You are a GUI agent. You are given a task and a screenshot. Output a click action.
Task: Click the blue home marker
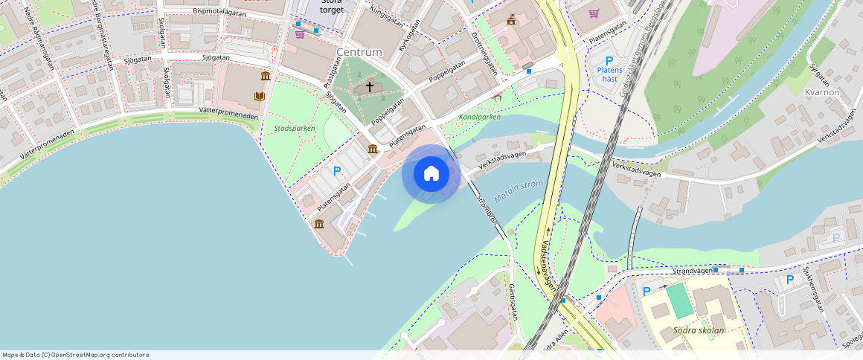tap(431, 174)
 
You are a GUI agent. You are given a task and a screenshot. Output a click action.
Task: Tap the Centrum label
tap(359, 52)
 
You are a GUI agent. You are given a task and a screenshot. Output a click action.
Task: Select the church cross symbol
tap(369, 87)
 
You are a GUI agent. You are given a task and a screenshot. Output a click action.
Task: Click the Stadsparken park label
tap(295, 128)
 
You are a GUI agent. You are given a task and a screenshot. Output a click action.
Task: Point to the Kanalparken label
tap(479, 117)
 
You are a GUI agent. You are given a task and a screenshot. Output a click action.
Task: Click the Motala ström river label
tap(519, 190)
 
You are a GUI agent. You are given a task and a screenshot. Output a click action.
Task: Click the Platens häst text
tap(609, 74)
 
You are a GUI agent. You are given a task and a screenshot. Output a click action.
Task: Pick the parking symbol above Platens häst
tap(609, 60)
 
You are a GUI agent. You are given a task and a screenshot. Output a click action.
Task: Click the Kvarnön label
tap(822, 92)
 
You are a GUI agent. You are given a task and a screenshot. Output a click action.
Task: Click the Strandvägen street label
tap(692, 271)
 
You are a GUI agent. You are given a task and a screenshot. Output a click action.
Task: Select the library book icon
tap(260, 96)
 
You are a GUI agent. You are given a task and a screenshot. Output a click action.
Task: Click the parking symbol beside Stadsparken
tap(337, 170)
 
